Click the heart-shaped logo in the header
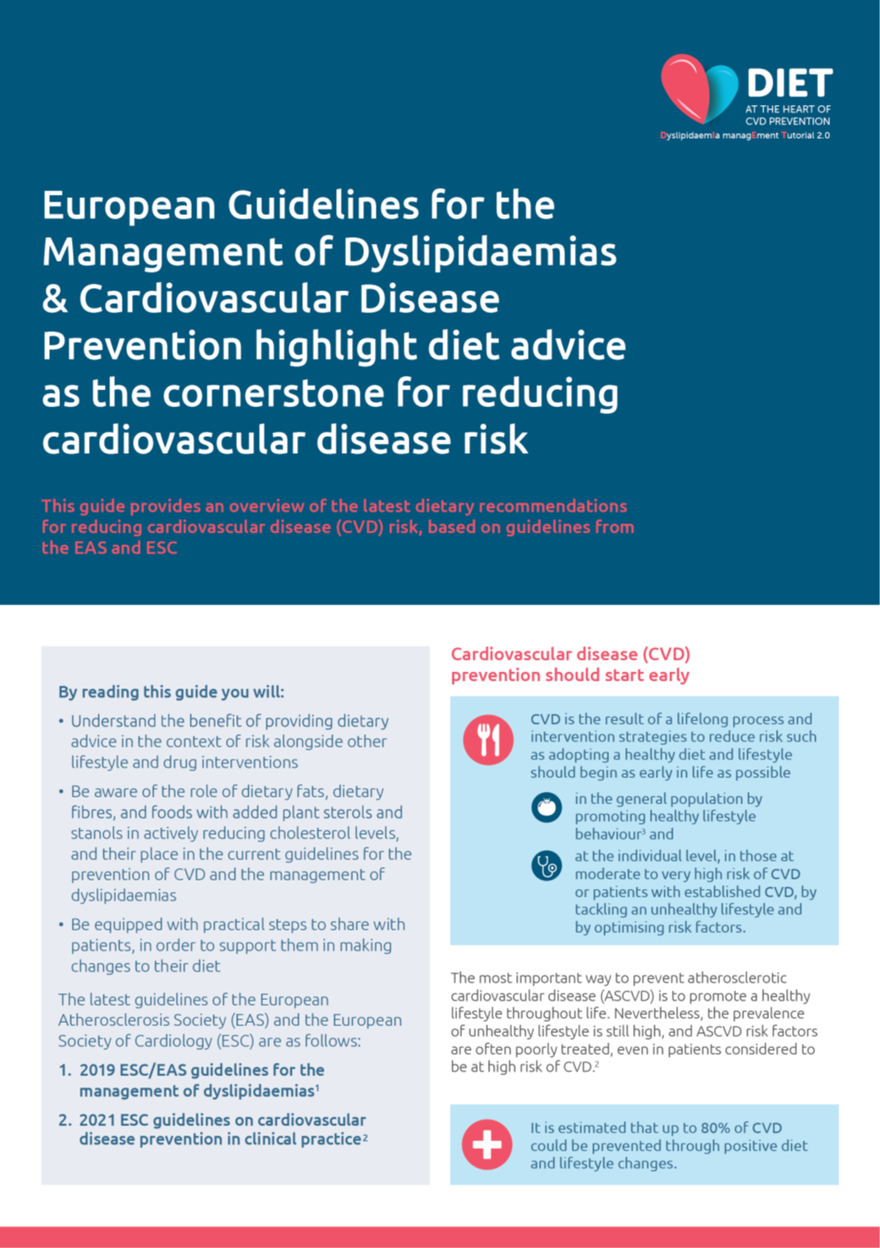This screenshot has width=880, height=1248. coord(699,88)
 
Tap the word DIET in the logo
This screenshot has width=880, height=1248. coord(789,84)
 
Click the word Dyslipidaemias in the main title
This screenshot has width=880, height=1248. coord(480,251)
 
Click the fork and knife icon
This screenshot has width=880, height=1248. coord(488,740)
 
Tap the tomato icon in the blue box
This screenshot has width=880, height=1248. coord(547,807)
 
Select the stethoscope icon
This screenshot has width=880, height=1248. coord(547,865)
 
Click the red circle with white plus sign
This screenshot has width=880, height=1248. coord(487,1145)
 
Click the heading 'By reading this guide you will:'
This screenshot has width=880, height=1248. coord(171,692)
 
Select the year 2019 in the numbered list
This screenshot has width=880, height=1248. coord(97,1070)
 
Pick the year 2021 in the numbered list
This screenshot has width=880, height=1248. coord(97,1120)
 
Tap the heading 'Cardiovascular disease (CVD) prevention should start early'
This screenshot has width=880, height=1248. coord(570,665)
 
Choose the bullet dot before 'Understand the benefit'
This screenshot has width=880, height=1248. coord(62,721)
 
